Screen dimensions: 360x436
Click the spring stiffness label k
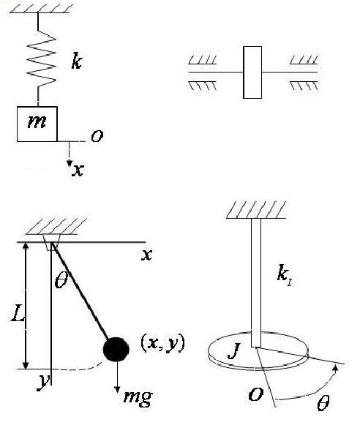click(x=76, y=61)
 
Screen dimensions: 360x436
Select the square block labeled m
click(x=37, y=124)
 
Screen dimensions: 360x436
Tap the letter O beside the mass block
click(x=97, y=136)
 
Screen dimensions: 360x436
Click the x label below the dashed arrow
click(x=78, y=170)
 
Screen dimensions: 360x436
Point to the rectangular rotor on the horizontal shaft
click(x=252, y=72)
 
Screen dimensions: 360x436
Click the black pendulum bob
click(x=116, y=349)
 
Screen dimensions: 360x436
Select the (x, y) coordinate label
click(x=162, y=344)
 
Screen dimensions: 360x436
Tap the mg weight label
click(x=138, y=396)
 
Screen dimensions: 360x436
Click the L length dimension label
click(x=18, y=313)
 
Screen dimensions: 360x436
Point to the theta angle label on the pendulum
click(x=61, y=280)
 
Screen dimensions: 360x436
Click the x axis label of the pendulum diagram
click(x=146, y=255)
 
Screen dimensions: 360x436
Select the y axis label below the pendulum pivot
click(x=43, y=383)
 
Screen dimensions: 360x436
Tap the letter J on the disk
click(x=233, y=351)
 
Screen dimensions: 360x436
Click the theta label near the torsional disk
click(x=323, y=403)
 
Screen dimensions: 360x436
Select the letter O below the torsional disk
click(x=255, y=394)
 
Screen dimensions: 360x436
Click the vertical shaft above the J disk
click(x=256, y=282)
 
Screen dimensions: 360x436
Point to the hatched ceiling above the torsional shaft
click(x=256, y=210)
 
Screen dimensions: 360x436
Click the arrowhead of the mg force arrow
click(x=117, y=390)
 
